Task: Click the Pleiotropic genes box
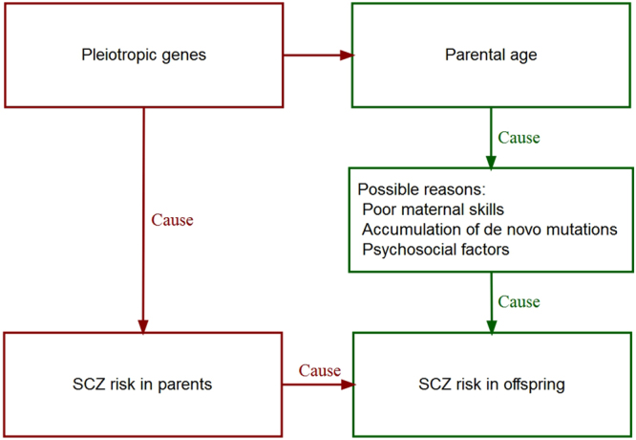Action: [x=143, y=55]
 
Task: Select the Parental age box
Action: [x=492, y=55]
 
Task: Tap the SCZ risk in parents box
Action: [x=143, y=385]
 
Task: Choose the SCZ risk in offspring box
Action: [x=492, y=385]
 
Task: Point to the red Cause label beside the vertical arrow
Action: [x=173, y=220]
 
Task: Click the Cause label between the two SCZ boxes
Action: [x=319, y=370]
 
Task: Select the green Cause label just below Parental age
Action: [x=519, y=138]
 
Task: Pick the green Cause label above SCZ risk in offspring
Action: [x=519, y=302]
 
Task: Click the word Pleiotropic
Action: [x=117, y=55]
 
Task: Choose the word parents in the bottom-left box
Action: [x=186, y=385]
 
